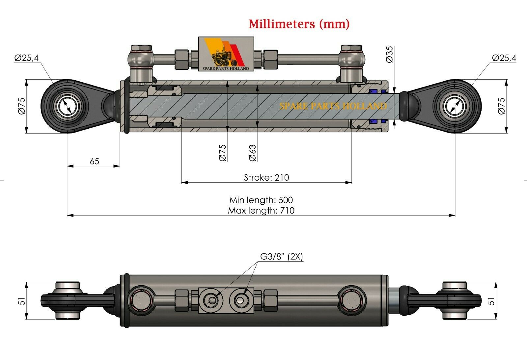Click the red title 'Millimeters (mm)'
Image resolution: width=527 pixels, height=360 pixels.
[299, 24]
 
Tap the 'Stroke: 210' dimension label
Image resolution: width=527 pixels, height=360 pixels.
[266, 178]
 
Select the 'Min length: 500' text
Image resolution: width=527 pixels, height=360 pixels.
[261, 200]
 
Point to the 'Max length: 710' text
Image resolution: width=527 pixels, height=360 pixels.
[261, 211]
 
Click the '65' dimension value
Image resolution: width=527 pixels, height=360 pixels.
[94, 161]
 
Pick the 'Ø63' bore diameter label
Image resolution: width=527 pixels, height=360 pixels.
[253, 153]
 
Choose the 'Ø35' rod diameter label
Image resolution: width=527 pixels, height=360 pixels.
[389, 54]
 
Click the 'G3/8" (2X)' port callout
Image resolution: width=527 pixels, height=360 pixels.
[282, 256]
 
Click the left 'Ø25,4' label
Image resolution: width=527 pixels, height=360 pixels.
[27, 58]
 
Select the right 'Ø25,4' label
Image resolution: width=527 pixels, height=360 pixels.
[504, 58]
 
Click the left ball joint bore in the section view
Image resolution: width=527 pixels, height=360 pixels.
[68, 106]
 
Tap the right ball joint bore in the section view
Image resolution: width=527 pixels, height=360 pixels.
[455, 106]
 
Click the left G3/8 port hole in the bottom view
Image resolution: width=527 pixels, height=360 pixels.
[212, 300]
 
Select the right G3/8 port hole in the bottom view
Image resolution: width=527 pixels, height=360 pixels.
[239, 300]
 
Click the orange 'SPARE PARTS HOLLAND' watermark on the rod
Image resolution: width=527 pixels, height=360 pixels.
[333, 106]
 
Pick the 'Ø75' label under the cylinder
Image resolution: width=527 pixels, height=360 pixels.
[223, 153]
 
